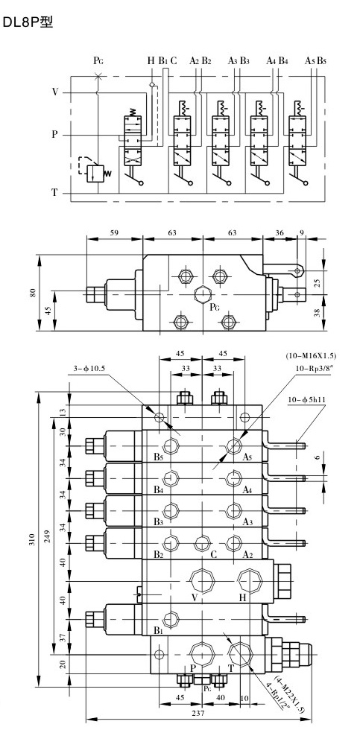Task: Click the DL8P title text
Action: pyautogui.click(x=28, y=22)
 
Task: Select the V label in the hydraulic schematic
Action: pyautogui.click(x=55, y=92)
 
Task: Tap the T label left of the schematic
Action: pyautogui.click(x=54, y=192)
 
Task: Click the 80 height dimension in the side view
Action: pyautogui.click(x=33, y=293)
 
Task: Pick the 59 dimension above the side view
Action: pyautogui.click(x=115, y=232)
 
